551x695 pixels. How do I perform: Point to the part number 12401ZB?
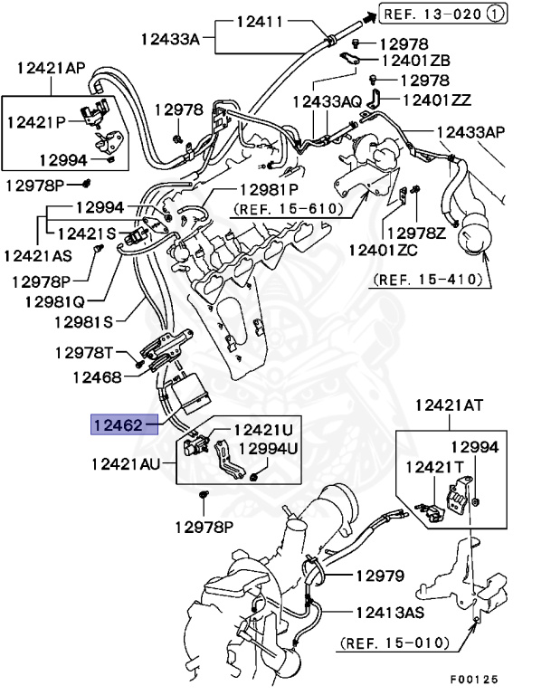[x=416, y=61]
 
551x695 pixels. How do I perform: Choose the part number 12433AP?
[x=471, y=132]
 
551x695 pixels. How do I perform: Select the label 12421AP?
[x=50, y=68]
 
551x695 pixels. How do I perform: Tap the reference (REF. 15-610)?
[x=289, y=209]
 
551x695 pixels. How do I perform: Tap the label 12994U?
[x=266, y=448]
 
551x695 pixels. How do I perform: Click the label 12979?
[x=379, y=576]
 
